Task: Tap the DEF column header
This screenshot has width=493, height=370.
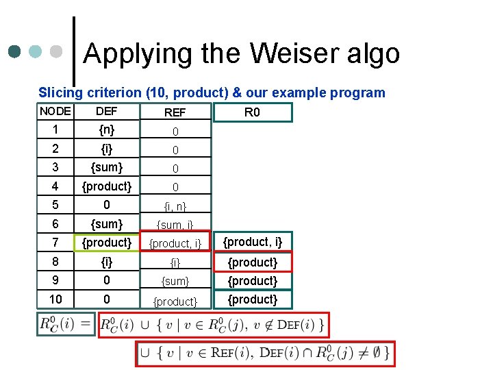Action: pyautogui.click(x=106, y=111)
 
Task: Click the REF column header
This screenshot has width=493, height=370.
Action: pyautogui.click(x=175, y=112)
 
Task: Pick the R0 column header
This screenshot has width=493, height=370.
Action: pyautogui.click(x=252, y=112)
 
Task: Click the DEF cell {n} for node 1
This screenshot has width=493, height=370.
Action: pyautogui.click(x=106, y=129)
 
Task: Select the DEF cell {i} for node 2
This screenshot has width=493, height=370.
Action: pyautogui.click(x=106, y=148)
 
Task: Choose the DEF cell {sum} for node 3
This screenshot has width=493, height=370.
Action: pyautogui.click(x=106, y=167)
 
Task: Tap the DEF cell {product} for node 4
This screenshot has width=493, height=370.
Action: pyautogui.click(x=106, y=186)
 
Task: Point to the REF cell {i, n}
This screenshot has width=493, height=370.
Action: pyautogui.click(x=175, y=206)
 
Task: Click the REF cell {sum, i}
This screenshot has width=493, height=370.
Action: pyautogui.click(x=175, y=225)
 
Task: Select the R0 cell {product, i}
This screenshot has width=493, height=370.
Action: pyautogui.click(x=252, y=241)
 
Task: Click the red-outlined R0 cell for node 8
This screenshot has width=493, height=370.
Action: pyautogui.click(x=252, y=262)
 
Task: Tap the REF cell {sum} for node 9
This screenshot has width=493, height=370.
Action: pyautogui.click(x=175, y=281)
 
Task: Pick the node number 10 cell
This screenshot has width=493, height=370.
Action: pyautogui.click(x=55, y=299)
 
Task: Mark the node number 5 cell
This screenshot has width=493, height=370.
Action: pyautogui.click(x=55, y=204)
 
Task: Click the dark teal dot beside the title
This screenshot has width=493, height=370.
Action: pyautogui.click(x=15, y=51)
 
